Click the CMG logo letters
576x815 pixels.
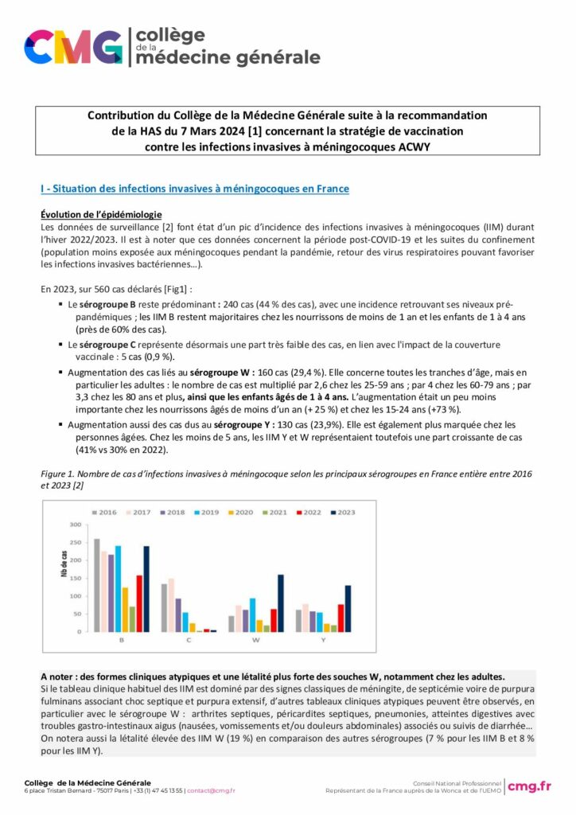tap(73, 48)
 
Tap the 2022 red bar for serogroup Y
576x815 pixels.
tap(341, 618)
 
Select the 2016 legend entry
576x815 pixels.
tap(104, 513)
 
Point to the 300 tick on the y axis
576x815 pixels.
tap(76, 524)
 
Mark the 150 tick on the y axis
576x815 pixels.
tap(76, 579)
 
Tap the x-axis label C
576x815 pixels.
tap(189, 640)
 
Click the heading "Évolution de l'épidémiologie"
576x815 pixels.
tap(101, 215)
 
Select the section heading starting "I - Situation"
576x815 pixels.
tap(194, 189)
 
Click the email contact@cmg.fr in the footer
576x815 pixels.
tap(211, 791)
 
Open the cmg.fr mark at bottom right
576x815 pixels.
tap(529, 786)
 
